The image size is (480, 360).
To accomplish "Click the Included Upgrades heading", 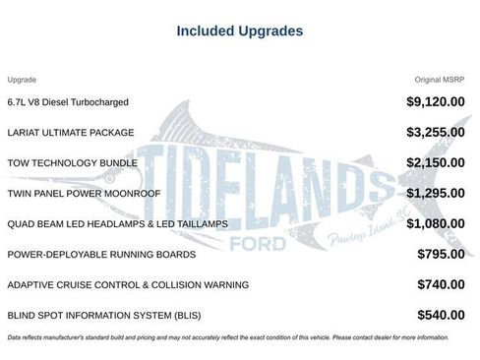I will pos(240,30).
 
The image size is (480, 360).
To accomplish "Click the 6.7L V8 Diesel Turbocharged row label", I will pos(68,101).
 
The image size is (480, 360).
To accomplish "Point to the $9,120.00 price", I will pos(436,101).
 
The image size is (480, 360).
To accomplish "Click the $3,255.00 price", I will pos(436,132).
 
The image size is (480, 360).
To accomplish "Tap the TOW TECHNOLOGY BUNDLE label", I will pos(66,162).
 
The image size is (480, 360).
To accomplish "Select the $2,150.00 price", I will pos(436,162).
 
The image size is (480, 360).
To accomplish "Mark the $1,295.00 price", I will pos(436,193).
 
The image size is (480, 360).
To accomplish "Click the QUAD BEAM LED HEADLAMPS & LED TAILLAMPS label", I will pos(117,223).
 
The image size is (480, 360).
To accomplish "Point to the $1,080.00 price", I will pos(436,223).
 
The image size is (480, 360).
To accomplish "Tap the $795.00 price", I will pos(441,254).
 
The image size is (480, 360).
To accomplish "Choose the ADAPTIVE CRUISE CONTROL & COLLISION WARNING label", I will pos(114,284).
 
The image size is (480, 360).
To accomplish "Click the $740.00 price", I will pos(441,284).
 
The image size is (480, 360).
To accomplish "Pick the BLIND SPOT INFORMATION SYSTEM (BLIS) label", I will pos(98,315).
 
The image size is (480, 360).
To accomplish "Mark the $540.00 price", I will pos(441,315).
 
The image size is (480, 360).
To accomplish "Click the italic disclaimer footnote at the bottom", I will pos(227,337).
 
